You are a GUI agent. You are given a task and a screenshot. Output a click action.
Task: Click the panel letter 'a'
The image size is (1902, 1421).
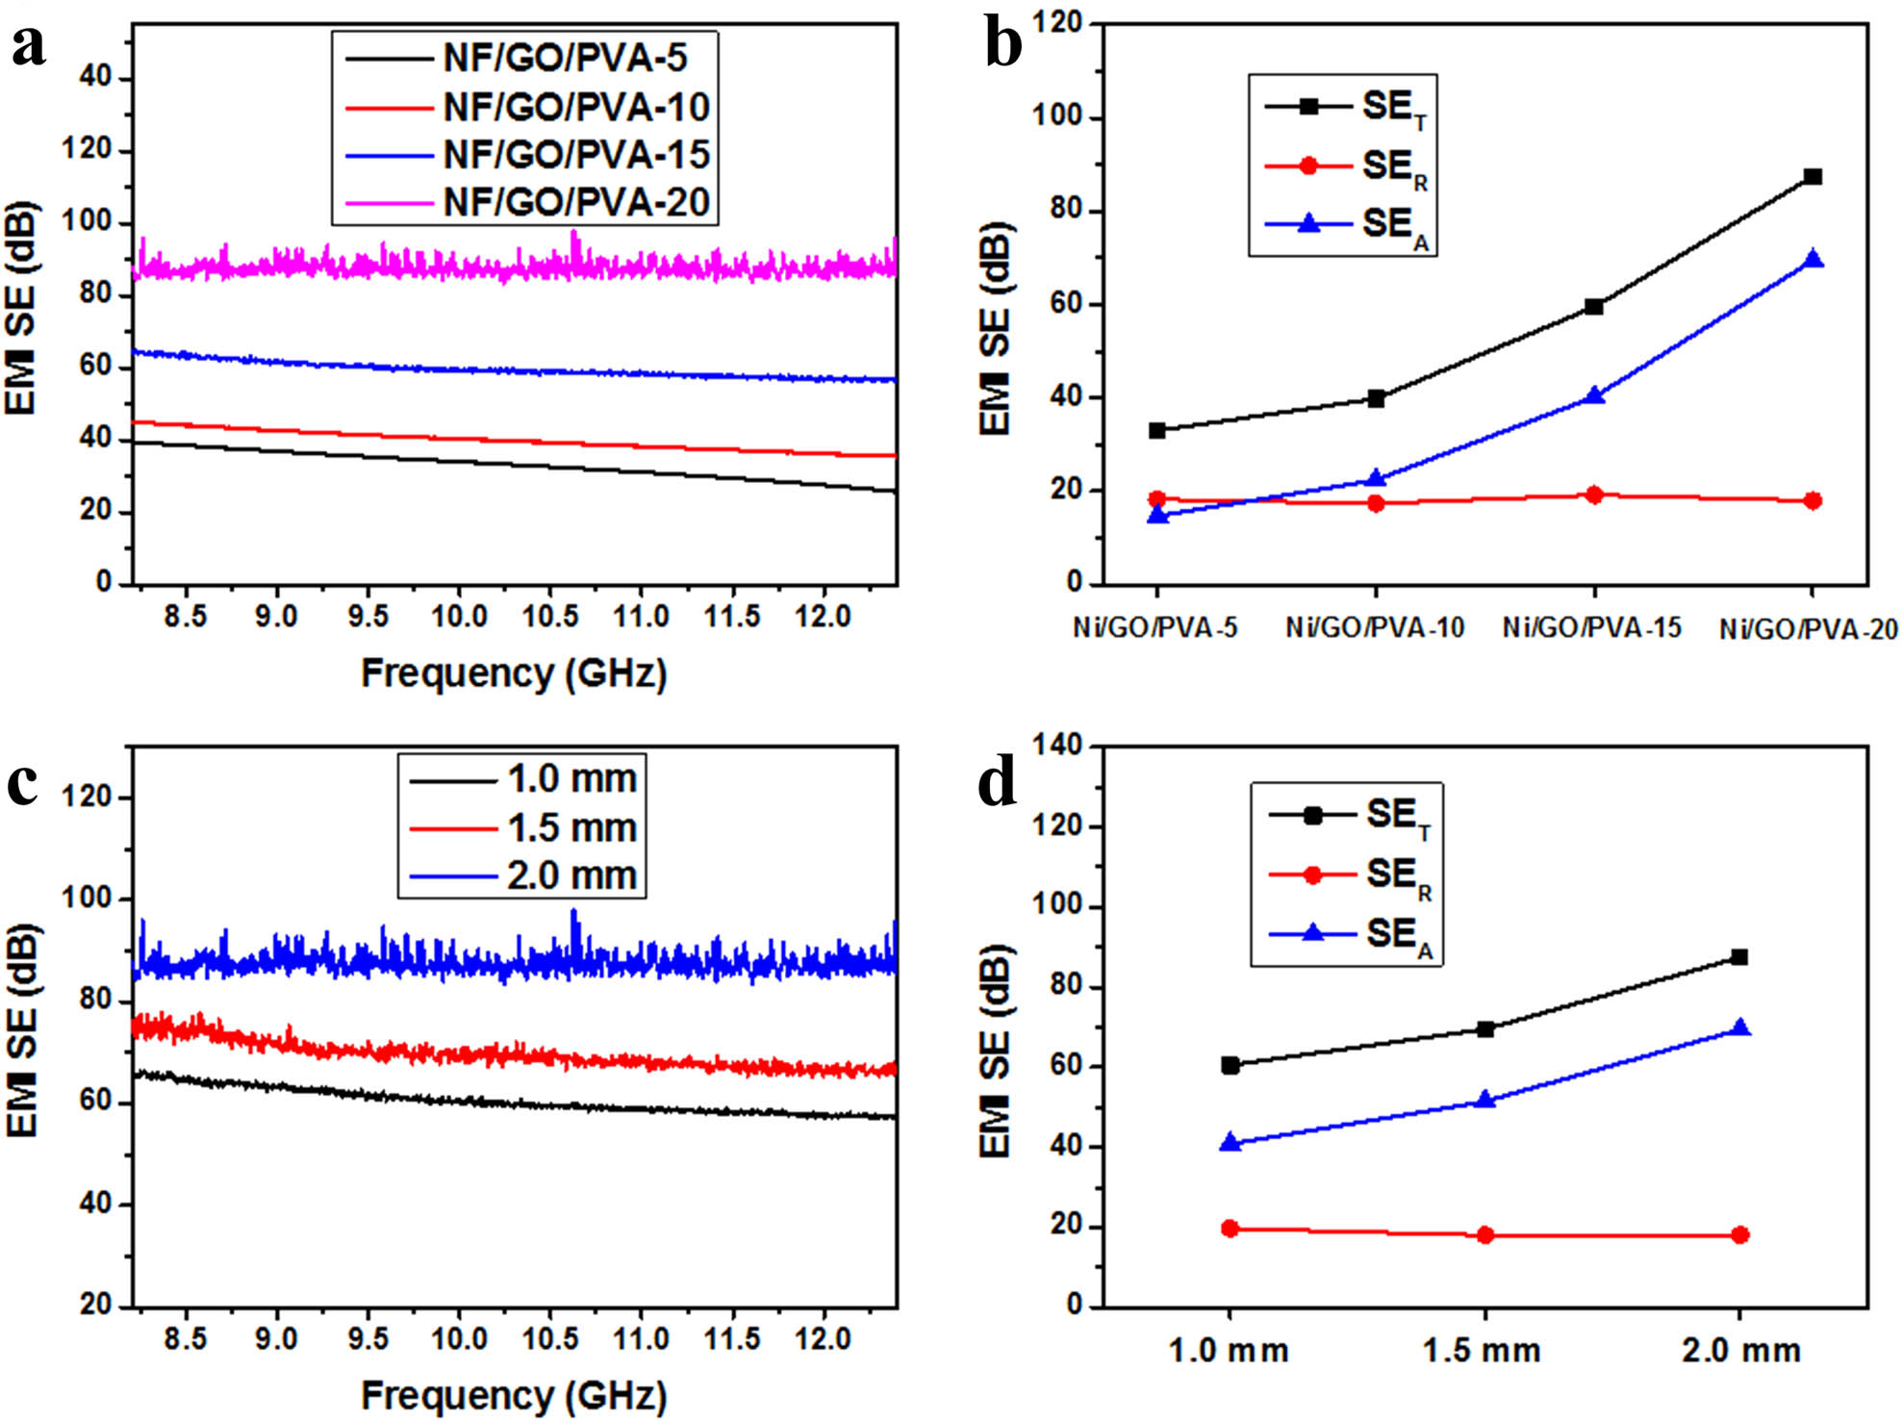(x=29, y=46)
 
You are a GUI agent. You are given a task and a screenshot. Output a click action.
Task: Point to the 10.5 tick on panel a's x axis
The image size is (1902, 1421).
(x=550, y=616)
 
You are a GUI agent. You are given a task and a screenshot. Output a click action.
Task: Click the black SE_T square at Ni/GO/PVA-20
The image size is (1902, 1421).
(x=1813, y=177)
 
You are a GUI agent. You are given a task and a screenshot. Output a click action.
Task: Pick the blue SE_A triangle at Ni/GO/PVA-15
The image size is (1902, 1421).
(x=1594, y=395)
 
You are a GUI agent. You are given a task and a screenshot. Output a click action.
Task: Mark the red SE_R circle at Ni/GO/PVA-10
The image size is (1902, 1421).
(x=1376, y=502)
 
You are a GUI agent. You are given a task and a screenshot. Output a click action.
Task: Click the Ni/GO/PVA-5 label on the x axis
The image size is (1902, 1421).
(x=1155, y=628)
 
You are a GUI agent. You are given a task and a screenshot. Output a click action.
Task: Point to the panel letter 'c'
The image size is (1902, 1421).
(x=23, y=783)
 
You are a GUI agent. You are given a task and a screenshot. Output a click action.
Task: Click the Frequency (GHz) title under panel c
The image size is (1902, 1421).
(x=514, y=1395)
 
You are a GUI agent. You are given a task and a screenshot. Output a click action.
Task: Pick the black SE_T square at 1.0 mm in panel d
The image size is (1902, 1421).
(x=1230, y=1065)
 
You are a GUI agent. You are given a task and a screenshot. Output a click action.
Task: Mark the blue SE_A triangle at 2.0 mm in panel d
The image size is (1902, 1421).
(x=1739, y=1028)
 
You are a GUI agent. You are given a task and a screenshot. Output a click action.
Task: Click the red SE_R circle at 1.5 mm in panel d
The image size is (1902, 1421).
(x=1485, y=1234)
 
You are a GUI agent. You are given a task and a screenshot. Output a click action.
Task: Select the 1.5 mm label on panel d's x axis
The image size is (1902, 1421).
(x=1483, y=1351)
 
